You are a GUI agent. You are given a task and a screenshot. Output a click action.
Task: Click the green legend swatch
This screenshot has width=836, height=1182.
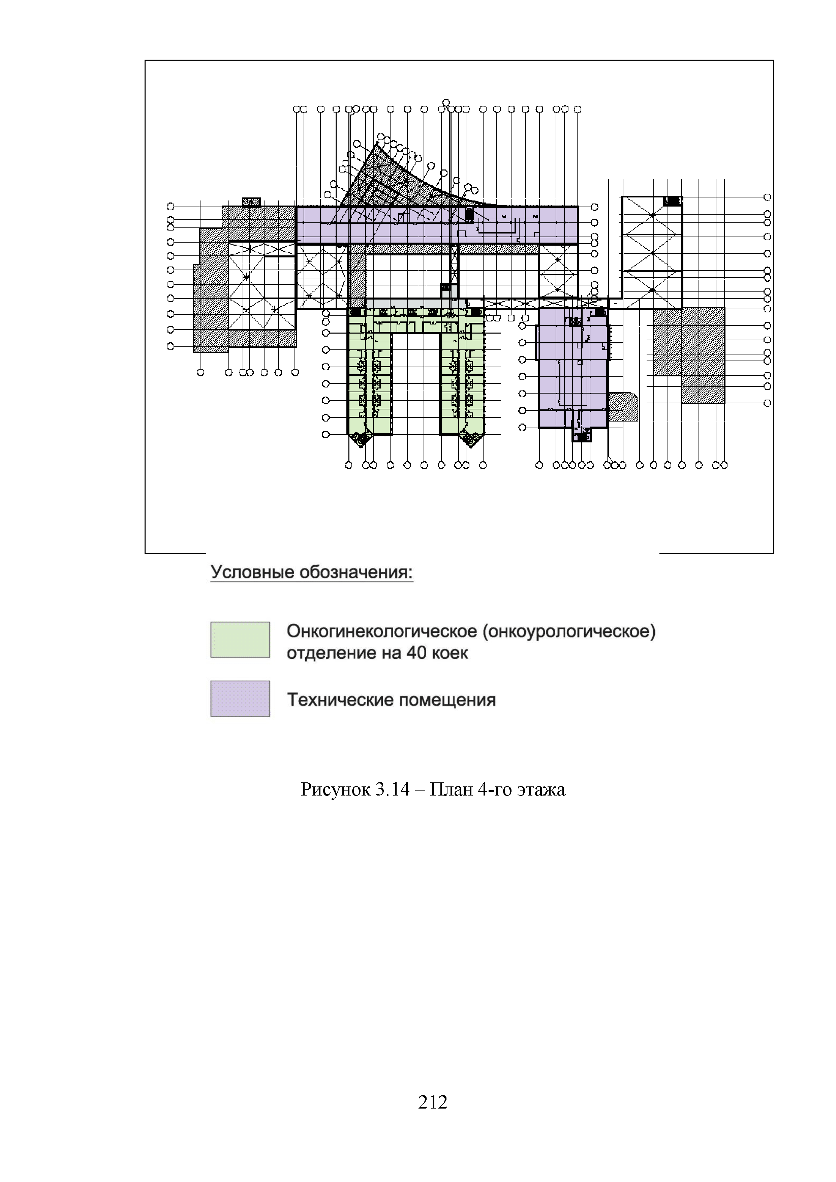[x=240, y=640]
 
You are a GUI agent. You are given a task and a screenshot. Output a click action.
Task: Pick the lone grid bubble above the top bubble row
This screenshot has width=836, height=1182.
[x=446, y=102]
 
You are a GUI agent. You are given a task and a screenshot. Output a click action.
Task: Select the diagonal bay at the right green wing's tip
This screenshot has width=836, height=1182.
[x=470, y=439]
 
